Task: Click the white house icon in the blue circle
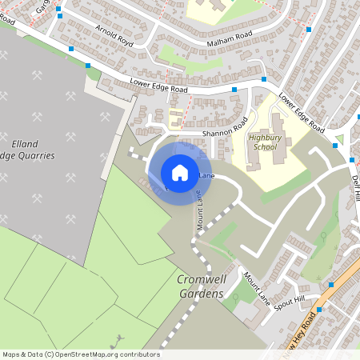coord(180,172)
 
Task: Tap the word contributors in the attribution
coord(140,354)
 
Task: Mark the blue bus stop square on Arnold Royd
coord(72,48)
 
